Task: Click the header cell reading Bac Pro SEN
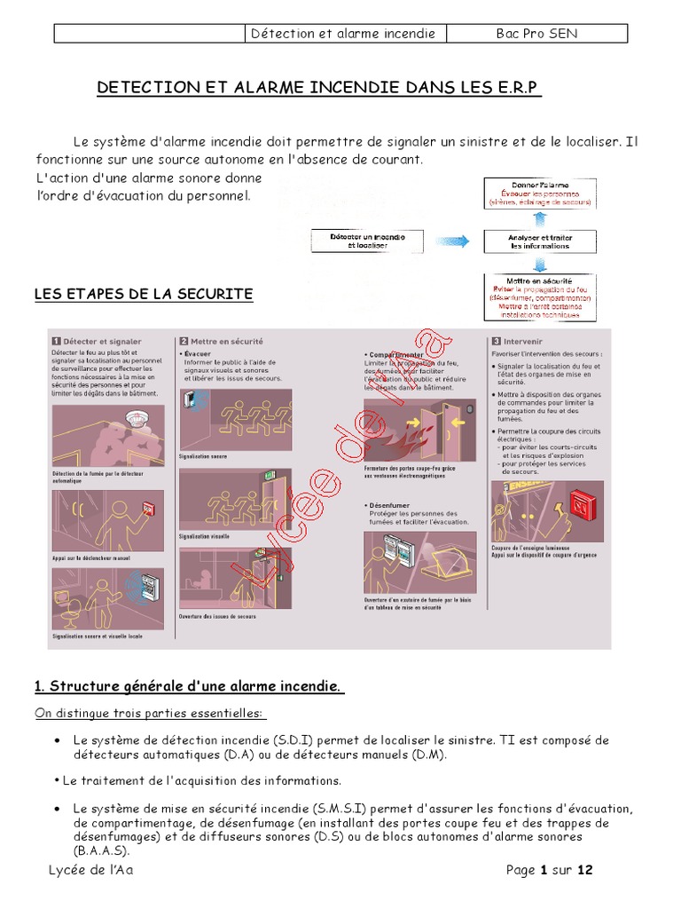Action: (536, 34)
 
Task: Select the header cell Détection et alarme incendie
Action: (344, 34)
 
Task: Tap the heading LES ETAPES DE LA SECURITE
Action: (144, 294)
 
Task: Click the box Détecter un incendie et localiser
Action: (367, 241)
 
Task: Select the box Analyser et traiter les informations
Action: (539, 241)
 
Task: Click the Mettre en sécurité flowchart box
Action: (539, 296)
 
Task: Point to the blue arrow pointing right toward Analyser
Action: (453, 241)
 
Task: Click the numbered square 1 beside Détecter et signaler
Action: (56, 341)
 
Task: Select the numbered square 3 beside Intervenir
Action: (496, 341)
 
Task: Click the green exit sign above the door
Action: (264, 478)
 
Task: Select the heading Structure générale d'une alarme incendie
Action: (188, 686)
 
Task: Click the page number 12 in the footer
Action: (584, 870)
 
